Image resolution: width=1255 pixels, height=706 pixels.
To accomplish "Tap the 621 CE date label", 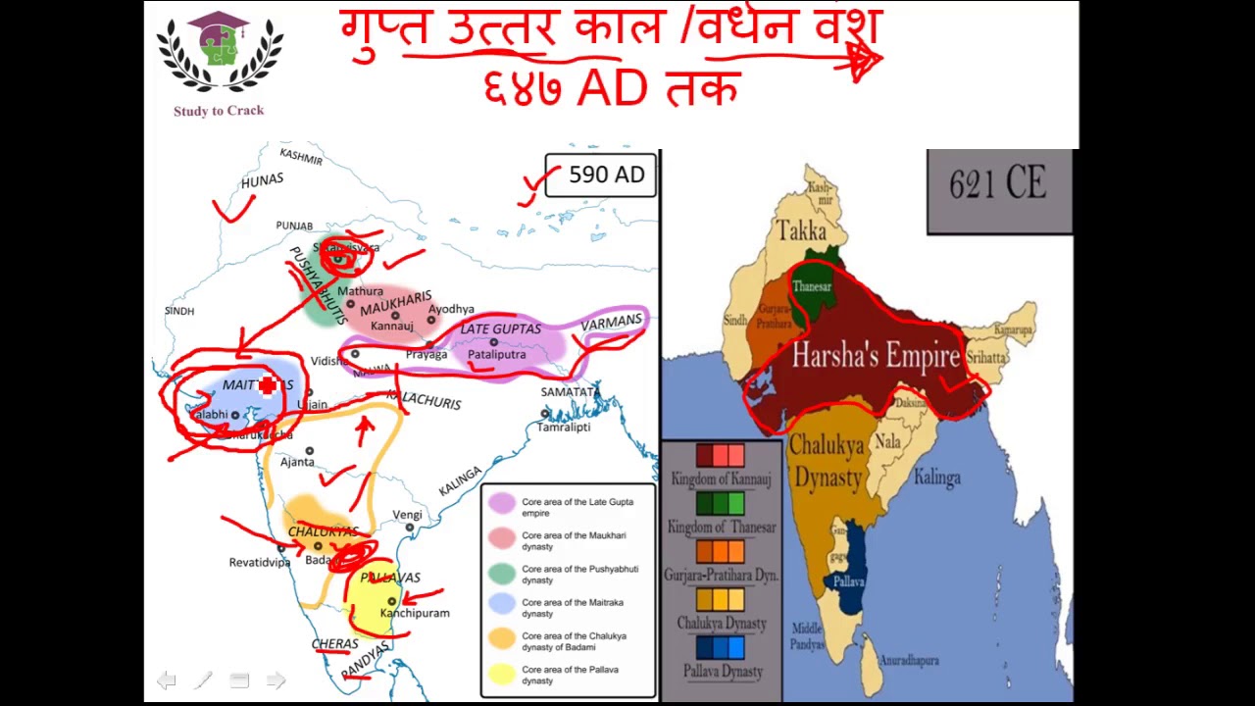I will pyautogui.click(x=997, y=184).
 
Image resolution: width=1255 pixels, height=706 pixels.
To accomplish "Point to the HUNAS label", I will pyautogui.click(x=262, y=181).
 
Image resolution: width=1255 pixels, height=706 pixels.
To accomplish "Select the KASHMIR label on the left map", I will pyautogui.click(x=301, y=156).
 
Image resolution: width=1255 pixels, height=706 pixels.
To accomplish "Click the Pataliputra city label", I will pyautogui.click(x=497, y=355).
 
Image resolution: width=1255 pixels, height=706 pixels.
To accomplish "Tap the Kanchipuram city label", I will pyautogui.click(x=415, y=613).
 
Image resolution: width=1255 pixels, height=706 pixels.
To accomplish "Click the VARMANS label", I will pyautogui.click(x=611, y=322).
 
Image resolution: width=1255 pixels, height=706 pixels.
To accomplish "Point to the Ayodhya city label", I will pyautogui.click(x=451, y=309).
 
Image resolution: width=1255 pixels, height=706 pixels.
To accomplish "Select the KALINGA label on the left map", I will pyautogui.click(x=460, y=480).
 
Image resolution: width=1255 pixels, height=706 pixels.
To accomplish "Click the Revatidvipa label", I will pyautogui.click(x=260, y=563).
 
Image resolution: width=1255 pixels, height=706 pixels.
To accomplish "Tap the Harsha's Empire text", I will pyautogui.click(x=876, y=356).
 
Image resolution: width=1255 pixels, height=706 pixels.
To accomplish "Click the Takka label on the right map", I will pyautogui.click(x=801, y=231).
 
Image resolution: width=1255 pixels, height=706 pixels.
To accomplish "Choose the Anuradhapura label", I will pyautogui.click(x=909, y=661).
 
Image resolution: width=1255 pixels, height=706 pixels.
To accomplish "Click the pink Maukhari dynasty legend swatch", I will pyautogui.click(x=502, y=537).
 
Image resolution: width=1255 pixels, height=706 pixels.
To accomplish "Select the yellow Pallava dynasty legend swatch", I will pyautogui.click(x=502, y=673).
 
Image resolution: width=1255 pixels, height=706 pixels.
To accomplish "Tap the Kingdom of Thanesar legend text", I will pyautogui.click(x=721, y=528).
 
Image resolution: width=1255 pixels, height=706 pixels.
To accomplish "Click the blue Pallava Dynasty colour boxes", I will pyautogui.click(x=721, y=647).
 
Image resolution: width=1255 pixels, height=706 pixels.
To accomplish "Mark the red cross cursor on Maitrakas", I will pyautogui.click(x=268, y=387).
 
